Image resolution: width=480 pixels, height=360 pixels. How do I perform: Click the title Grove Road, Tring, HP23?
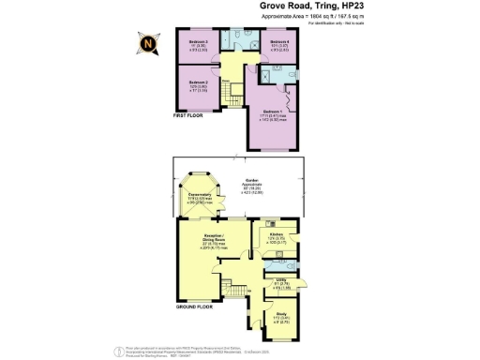coord(324,6)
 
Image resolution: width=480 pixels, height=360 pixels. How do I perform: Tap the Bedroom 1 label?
coord(274,113)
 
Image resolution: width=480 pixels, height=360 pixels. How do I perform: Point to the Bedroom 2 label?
coord(197,87)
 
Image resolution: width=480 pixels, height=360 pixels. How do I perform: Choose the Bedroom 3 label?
coord(197,46)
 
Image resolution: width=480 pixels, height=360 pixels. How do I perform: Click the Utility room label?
coord(280,283)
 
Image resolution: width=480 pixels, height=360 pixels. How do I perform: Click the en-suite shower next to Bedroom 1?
coord(265,76)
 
